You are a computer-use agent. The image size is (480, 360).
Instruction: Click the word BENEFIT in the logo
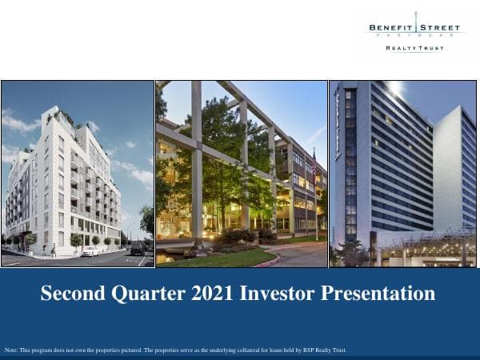pos(390,28)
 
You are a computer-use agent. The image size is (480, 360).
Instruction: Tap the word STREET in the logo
pos(438,28)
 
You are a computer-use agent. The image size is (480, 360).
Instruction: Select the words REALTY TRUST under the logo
pos(414,48)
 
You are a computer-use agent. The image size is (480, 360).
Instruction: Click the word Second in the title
pos(72,294)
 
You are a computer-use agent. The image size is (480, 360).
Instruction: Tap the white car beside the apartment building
pos(90,251)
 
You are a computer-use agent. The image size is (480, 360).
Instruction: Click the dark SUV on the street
pos(137,250)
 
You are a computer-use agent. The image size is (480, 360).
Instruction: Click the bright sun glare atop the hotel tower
pos(397,88)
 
